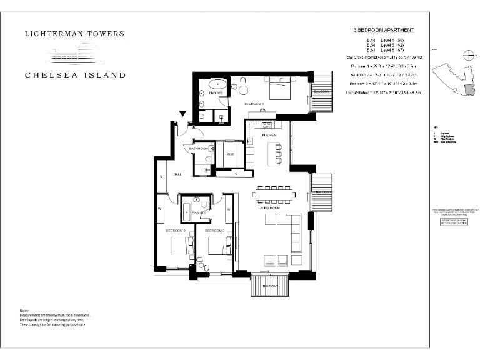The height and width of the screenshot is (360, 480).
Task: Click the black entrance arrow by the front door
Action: pyautogui.click(x=182, y=114)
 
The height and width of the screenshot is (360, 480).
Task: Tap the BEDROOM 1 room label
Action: pyautogui.click(x=254, y=103)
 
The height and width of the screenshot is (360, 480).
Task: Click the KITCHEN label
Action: pyautogui.click(x=269, y=135)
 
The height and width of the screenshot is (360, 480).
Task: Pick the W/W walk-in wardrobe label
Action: pyautogui.click(x=230, y=154)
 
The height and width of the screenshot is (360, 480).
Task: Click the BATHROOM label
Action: pyautogui.click(x=199, y=148)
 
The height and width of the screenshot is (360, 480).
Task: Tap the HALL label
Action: pyautogui.click(x=177, y=175)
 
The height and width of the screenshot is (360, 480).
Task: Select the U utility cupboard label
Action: pyautogui.click(x=161, y=177)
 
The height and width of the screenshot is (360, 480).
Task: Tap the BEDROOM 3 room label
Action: pyautogui.click(x=216, y=231)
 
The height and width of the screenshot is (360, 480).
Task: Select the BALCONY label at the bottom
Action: pyautogui.click(x=271, y=285)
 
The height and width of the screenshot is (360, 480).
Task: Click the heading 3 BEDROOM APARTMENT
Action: pyautogui.click(x=383, y=30)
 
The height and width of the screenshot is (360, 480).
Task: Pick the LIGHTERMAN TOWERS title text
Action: pyautogui.click(x=74, y=34)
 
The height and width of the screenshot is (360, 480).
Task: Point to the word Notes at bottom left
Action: pyautogui.click(x=24, y=311)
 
